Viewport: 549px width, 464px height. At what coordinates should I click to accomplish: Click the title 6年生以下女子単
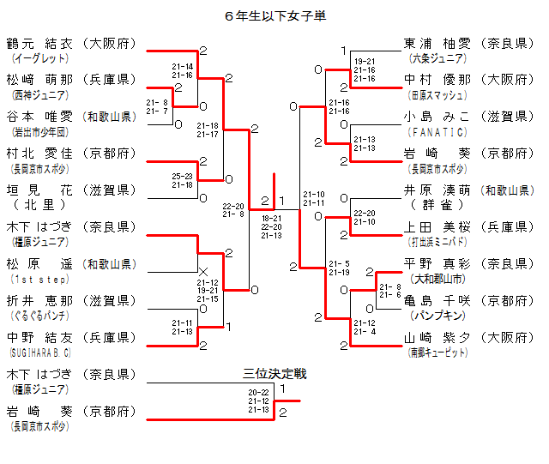coord(274,15)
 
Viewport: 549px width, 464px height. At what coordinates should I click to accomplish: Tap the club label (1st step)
coord(35,280)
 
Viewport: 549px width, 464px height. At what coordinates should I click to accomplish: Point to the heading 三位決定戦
coord(274,374)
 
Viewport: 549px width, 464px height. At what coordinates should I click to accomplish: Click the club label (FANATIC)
coord(439,132)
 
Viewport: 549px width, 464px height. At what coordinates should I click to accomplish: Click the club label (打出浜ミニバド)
coord(438,243)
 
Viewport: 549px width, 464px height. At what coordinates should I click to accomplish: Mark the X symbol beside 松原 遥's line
coord(202,272)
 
